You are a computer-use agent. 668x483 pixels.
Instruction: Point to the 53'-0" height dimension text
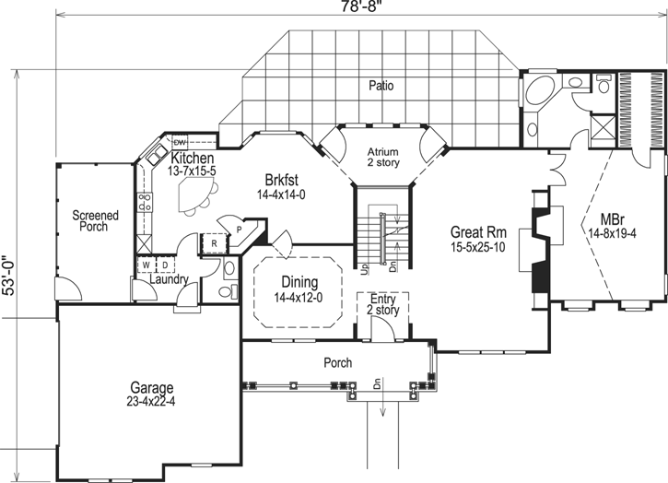9,274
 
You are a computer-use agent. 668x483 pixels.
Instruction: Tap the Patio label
381,86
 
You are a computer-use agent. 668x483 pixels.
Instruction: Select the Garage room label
151,394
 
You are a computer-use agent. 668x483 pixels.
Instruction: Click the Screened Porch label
96,221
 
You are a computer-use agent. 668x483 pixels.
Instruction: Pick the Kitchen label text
192,159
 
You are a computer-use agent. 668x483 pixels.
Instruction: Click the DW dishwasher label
180,142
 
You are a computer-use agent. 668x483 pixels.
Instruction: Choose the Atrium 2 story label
381,158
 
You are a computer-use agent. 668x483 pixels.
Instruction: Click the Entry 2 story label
382,305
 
